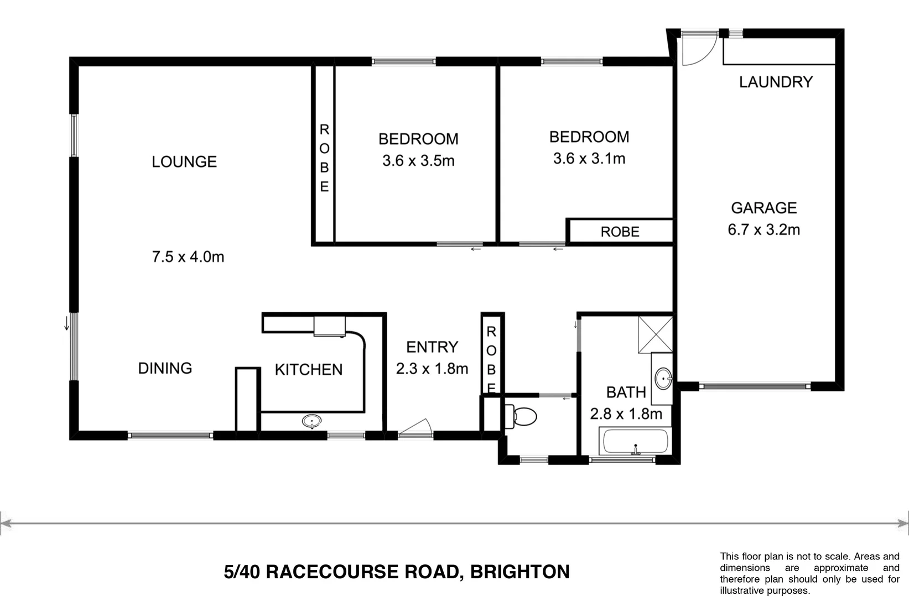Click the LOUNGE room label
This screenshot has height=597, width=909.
(184, 162)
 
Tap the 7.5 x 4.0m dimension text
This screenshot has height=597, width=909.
(188, 257)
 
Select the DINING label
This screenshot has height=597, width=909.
(165, 368)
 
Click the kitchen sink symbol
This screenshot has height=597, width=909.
(313, 422)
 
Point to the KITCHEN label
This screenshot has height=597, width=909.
(309, 370)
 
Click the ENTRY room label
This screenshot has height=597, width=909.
(432, 347)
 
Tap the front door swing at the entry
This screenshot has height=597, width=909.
(416, 428)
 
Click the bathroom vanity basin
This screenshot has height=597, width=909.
(663, 379)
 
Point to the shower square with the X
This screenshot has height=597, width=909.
(655, 334)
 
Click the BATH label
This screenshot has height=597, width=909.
(626, 392)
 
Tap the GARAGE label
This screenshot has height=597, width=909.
(763, 208)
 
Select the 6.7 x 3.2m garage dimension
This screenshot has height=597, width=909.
(763, 229)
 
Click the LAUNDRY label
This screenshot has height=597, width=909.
(776, 82)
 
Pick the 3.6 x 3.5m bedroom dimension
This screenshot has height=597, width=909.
(418, 161)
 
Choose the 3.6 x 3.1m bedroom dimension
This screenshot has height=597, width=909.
(589, 159)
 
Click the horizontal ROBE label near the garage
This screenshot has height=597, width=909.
(620, 232)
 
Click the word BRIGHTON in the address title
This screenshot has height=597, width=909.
(520, 572)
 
